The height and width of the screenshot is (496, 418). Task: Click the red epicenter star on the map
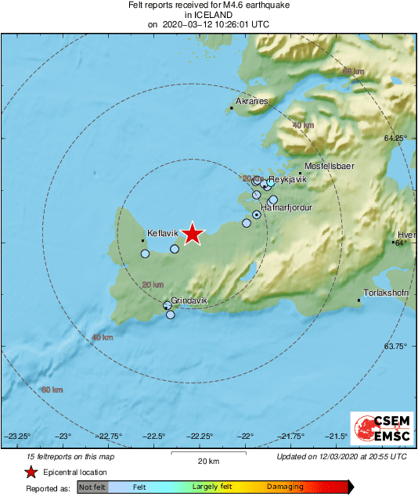193,234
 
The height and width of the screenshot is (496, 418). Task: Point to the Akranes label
253,102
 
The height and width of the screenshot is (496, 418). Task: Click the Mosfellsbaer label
330,166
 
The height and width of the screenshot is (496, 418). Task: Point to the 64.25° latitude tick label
396,138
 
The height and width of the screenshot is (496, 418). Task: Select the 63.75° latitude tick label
396,346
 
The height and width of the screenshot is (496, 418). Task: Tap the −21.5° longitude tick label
337,436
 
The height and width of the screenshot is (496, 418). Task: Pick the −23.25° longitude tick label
18,436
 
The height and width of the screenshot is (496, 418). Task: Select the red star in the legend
31,472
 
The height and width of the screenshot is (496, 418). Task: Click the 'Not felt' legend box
92,487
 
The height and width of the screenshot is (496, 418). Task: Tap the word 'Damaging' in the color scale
285,487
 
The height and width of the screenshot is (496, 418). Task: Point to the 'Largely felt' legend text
211,487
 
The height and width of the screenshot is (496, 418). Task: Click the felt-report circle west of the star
175,249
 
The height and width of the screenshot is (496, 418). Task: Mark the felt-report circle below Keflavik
145,253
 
